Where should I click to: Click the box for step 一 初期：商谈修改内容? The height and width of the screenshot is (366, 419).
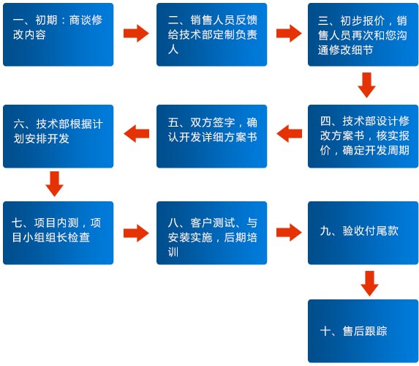pos(58,34)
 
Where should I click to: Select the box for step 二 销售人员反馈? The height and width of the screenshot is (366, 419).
pos(211,34)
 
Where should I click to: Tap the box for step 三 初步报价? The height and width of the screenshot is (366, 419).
pos(363,34)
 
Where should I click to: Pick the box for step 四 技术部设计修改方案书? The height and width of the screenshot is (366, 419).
pos(363,136)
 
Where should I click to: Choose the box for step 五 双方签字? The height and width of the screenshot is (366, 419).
pos(211,136)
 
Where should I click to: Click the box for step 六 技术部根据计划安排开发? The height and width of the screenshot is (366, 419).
pos(58,136)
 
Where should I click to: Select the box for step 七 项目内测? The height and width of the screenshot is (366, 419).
pos(58,233)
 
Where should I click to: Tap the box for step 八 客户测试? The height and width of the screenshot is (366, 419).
pos(211,233)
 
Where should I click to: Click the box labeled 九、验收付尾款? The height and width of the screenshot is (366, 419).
pos(363,233)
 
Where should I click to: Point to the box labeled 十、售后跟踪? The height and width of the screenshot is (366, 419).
pos(363,331)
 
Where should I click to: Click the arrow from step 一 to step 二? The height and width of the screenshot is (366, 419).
pos(136,34)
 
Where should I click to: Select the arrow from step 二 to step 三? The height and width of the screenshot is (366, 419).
pos(289,34)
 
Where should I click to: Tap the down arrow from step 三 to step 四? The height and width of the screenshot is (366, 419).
pos(366,85)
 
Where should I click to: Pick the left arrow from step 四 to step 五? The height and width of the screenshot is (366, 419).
pos(289,133)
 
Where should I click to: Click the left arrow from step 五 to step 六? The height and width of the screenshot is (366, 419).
pos(136,133)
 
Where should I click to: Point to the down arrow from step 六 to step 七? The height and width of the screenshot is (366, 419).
pos(55,184)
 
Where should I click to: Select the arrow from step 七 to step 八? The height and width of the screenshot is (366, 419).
pos(136,234)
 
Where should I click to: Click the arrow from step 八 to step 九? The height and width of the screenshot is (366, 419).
pos(289,233)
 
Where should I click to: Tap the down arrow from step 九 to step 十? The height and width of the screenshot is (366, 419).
pos(369,283)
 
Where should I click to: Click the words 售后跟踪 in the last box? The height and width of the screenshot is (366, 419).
pos(365,331)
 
